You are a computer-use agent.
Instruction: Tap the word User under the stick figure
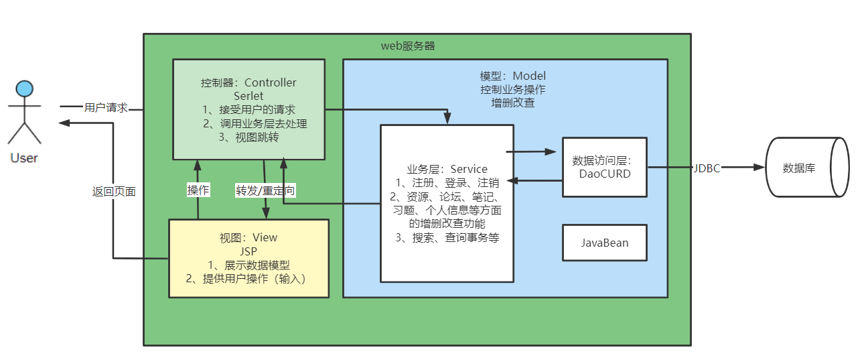click(24, 158)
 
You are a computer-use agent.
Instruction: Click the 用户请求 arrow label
click(106, 107)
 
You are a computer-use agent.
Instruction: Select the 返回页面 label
click(114, 191)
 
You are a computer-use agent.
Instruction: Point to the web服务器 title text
click(408, 46)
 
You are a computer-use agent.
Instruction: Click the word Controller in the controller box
click(271, 83)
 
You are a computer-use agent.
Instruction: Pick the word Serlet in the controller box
click(248, 96)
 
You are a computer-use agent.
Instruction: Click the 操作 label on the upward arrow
click(198, 190)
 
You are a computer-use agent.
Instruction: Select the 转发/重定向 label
click(265, 190)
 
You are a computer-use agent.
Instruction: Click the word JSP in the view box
click(248, 251)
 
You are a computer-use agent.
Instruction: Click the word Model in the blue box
click(530, 76)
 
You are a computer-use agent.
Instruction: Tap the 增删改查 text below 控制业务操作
click(512, 103)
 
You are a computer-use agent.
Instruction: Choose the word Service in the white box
click(469, 169)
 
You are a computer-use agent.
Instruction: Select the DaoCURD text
click(605, 174)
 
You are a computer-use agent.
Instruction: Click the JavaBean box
click(605, 243)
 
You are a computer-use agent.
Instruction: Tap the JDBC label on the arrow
click(707, 168)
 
